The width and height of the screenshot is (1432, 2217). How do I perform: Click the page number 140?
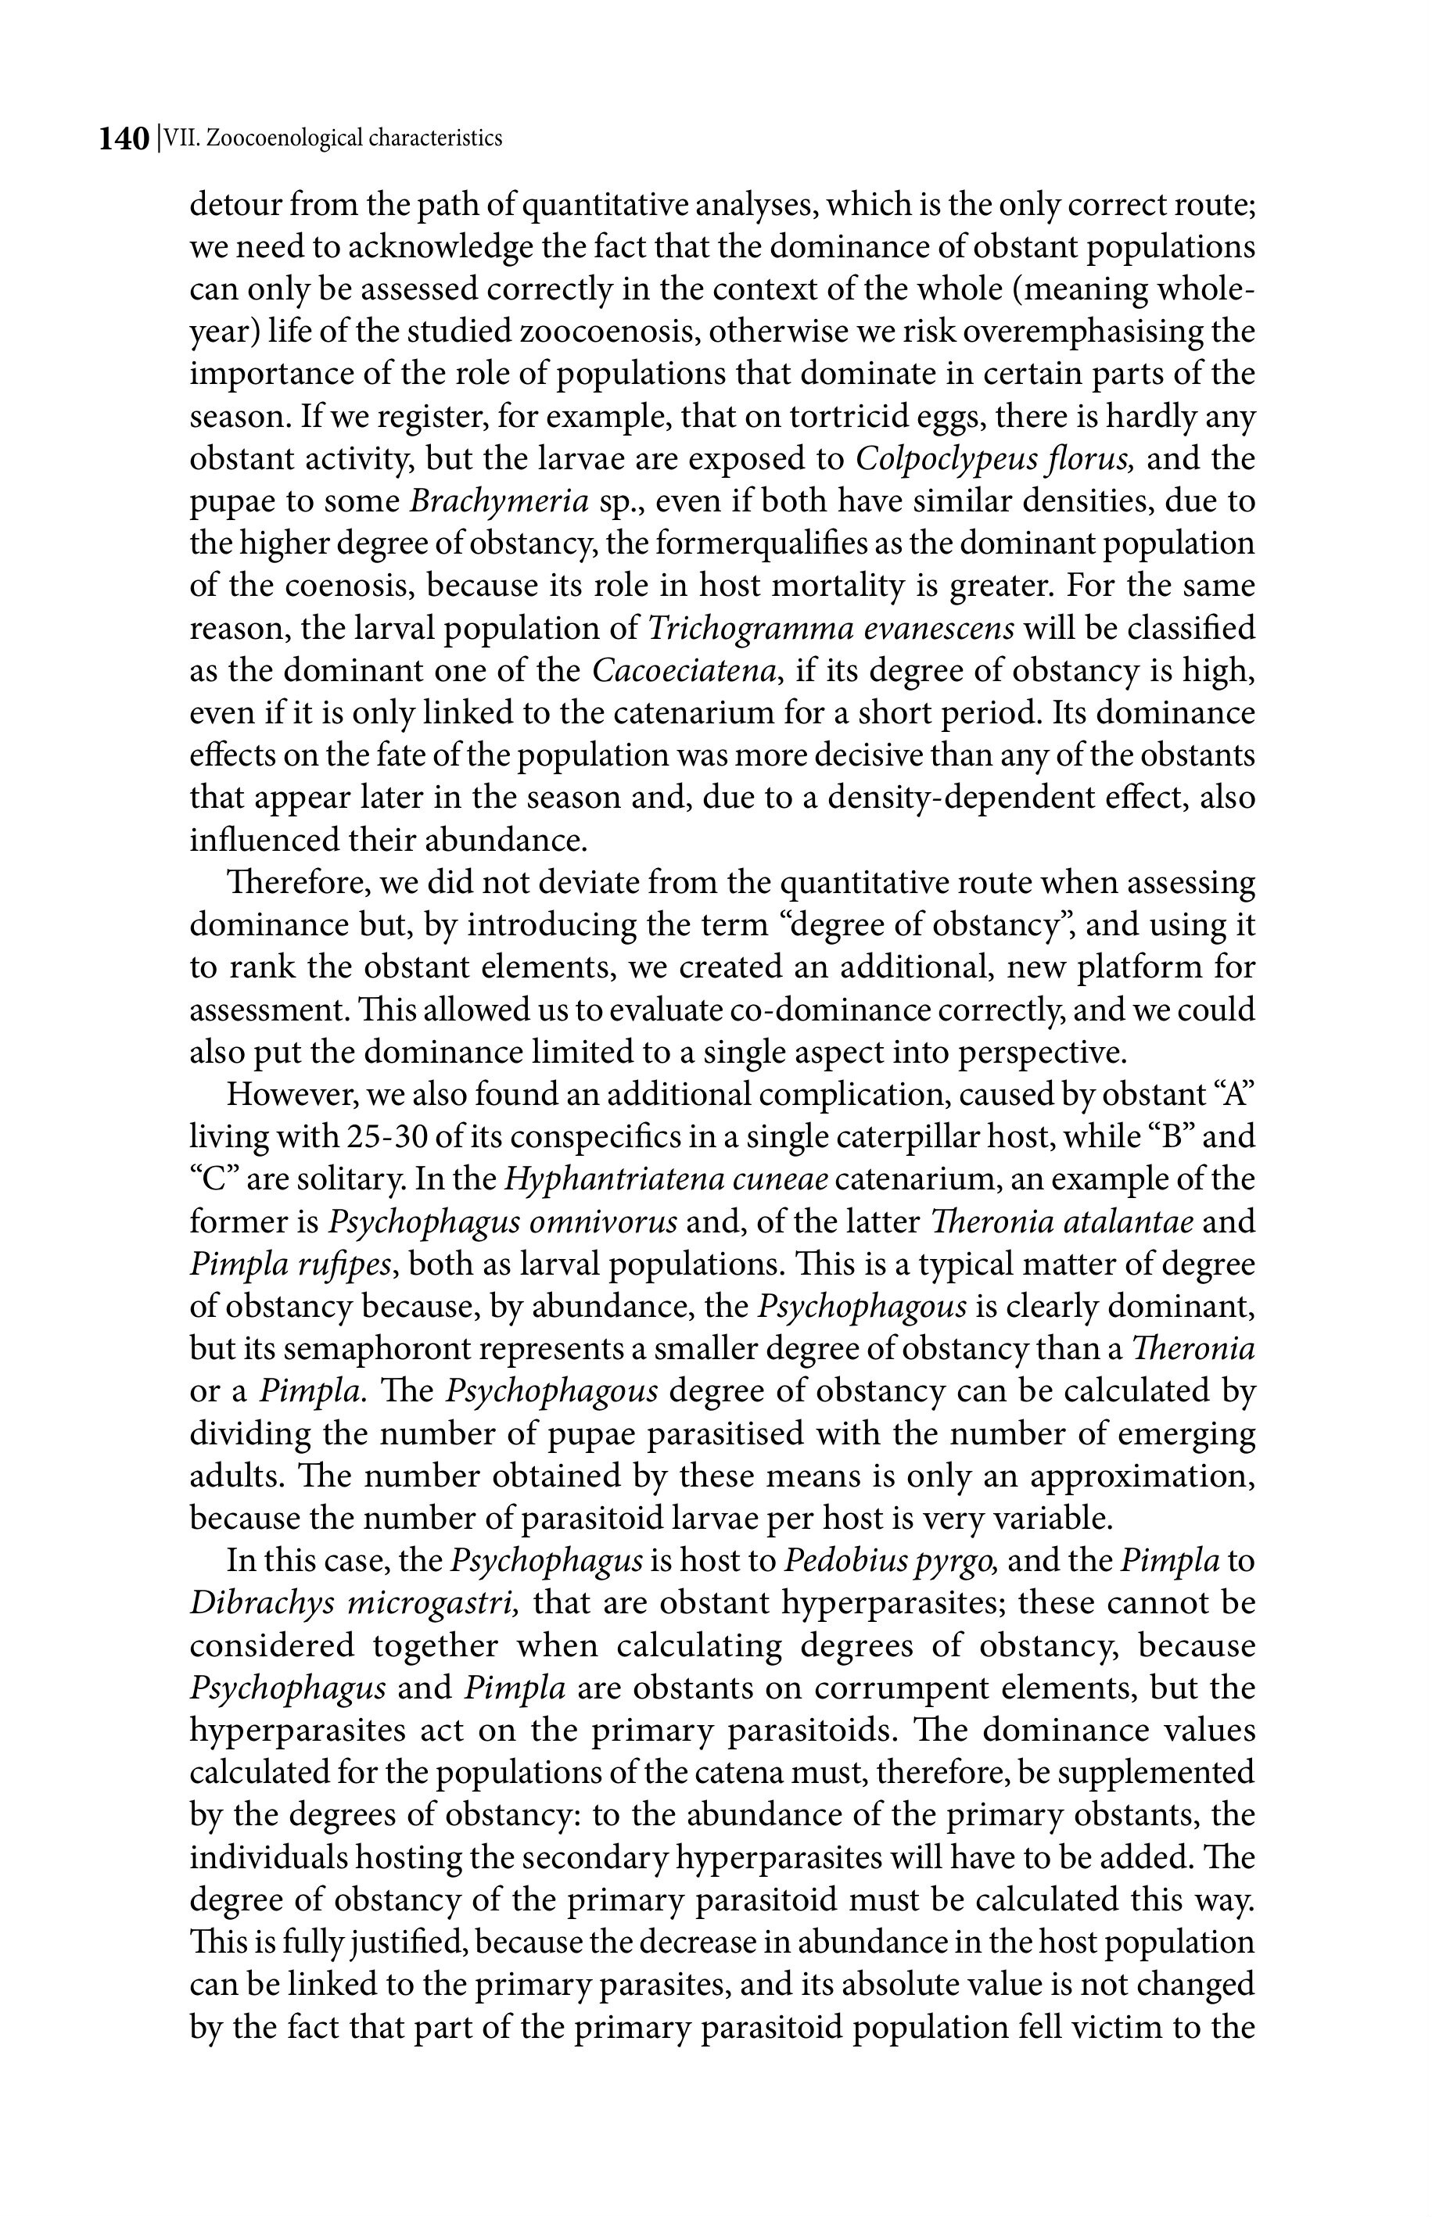[x=124, y=139]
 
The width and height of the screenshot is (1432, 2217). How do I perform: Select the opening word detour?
[x=237, y=205]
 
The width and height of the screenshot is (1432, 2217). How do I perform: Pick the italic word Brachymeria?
[x=499, y=502]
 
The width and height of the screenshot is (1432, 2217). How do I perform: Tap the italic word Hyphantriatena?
[x=614, y=1181]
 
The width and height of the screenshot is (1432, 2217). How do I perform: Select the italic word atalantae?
[x=1126, y=1222]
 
